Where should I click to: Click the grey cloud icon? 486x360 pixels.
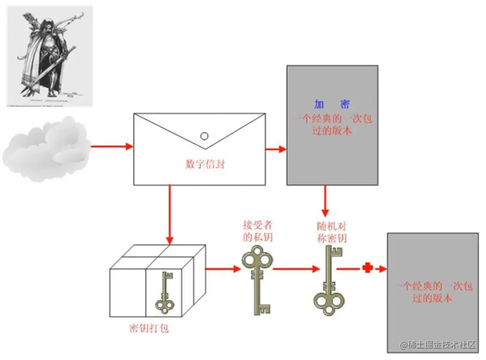pyautogui.click(x=46, y=148)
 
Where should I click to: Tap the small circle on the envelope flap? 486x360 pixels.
pyautogui.click(x=204, y=136)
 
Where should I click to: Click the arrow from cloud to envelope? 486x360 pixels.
pyautogui.click(x=112, y=146)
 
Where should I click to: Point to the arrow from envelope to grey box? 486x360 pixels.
pyautogui.click(x=276, y=149)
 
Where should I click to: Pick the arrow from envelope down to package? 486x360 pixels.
pyautogui.click(x=170, y=213)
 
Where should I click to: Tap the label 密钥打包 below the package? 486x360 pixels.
pyautogui.click(x=149, y=328)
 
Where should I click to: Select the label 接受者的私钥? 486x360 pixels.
pyautogui.click(x=258, y=231)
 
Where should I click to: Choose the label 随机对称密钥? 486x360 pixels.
pyautogui.click(x=331, y=232)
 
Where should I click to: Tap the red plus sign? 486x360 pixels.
pyautogui.click(x=367, y=269)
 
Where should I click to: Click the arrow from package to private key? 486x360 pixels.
pyautogui.click(x=223, y=269)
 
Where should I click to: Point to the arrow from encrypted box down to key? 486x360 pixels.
pyautogui.click(x=325, y=201)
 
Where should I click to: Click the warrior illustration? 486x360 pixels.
pyautogui.click(x=49, y=56)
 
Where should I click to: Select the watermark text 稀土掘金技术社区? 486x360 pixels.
pyautogui.click(x=438, y=345)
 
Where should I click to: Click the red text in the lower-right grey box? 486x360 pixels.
pyautogui.click(x=433, y=292)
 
